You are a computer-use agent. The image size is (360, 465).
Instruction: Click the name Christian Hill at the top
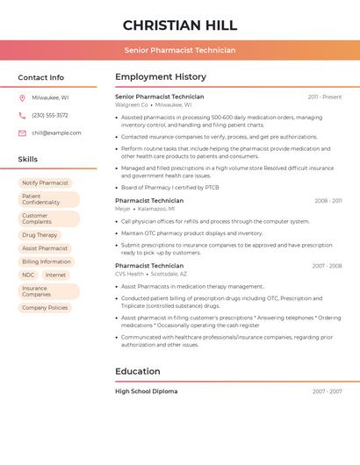(x=180, y=25)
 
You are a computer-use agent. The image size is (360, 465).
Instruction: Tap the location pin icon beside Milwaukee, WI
(x=22, y=97)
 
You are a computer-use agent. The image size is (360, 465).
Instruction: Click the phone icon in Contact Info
(x=22, y=115)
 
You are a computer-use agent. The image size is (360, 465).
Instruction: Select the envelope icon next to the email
(x=22, y=133)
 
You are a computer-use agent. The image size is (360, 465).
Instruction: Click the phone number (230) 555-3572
(x=50, y=115)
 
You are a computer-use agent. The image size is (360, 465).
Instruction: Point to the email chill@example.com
(x=56, y=133)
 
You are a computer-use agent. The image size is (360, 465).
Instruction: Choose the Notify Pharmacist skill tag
(x=45, y=183)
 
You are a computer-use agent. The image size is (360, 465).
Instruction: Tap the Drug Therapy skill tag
(x=40, y=235)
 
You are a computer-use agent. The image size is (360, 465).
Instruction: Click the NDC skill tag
(x=28, y=275)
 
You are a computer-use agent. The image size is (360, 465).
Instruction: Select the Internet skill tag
(x=55, y=275)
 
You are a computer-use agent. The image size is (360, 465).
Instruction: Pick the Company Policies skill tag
(x=45, y=308)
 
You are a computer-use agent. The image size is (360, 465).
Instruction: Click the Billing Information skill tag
(x=47, y=261)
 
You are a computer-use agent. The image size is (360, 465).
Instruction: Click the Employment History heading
(x=161, y=77)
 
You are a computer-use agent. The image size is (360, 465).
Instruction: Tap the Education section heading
(x=137, y=371)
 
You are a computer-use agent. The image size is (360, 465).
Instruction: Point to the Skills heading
(x=28, y=160)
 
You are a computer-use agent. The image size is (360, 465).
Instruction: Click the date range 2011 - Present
(x=324, y=97)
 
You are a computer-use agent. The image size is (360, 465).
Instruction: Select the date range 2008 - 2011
(x=328, y=201)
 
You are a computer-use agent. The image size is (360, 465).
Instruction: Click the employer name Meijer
(x=123, y=209)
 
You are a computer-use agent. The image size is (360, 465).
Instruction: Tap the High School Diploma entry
(x=146, y=391)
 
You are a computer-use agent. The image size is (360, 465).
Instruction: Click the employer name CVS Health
(x=129, y=274)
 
